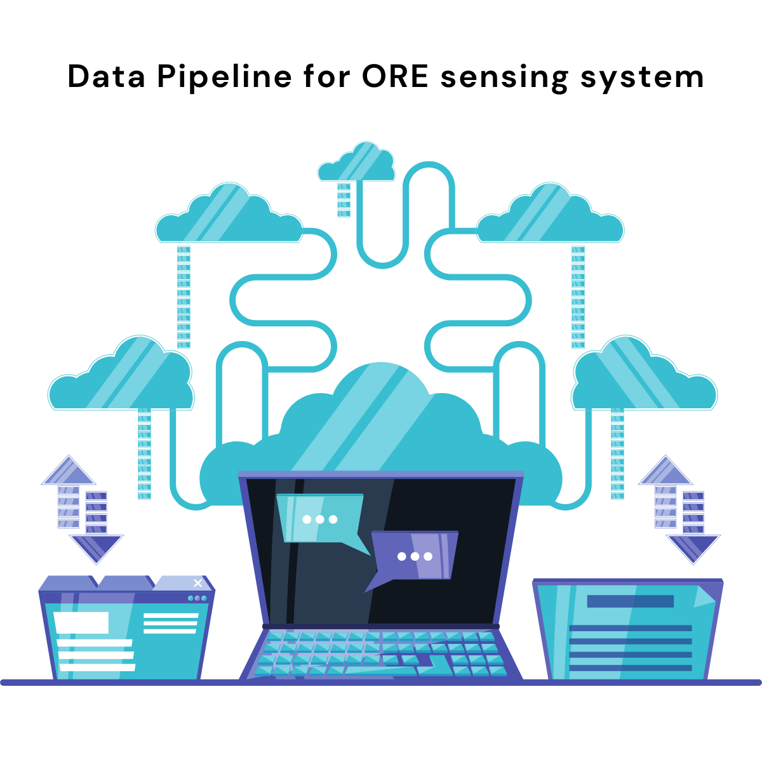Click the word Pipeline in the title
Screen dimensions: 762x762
pos(224,77)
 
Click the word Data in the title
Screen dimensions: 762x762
pos(107,77)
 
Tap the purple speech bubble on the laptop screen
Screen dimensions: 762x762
pos(414,556)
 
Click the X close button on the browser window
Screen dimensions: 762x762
pos(198,583)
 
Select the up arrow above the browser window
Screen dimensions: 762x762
pos(69,473)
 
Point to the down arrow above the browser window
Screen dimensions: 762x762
pos(96,546)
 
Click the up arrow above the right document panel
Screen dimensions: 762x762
pos(665,473)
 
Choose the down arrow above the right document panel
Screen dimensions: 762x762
pos(693,546)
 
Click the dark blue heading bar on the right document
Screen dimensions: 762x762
pos(630,601)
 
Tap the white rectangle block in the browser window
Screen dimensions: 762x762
pos(81,622)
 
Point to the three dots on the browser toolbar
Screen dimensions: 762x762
pos(197,598)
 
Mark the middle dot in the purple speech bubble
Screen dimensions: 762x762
pos(415,556)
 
